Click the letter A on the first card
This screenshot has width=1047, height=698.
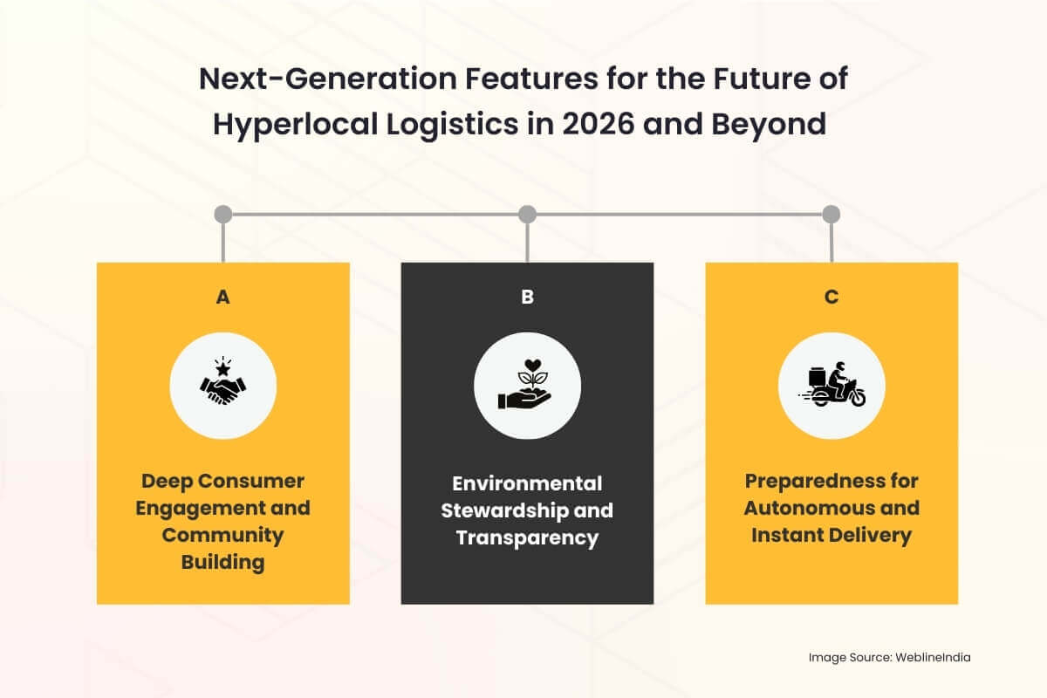(x=222, y=298)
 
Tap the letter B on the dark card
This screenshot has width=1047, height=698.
(x=527, y=298)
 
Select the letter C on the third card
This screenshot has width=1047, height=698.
(x=831, y=298)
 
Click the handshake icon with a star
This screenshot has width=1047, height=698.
(x=222, y=385)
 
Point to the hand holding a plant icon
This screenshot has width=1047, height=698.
(x=527, y=385)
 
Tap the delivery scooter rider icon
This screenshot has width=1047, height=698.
(x=831, y=385)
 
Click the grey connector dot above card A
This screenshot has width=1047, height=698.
(x=222, y=214)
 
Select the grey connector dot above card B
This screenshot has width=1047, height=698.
(x=527, y=214)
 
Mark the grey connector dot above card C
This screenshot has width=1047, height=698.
(x=831, y=214)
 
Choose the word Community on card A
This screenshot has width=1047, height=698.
(x=222, y=535)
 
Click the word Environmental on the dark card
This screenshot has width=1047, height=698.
(x=527, y=482)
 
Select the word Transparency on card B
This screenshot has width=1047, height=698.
(x=527, y=537)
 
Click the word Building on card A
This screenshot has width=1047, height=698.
(x=222, y=562)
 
